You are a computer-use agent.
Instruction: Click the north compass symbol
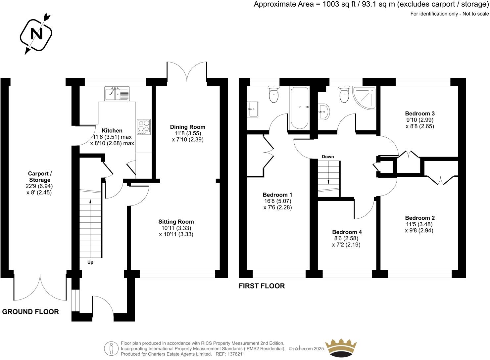[36, 34]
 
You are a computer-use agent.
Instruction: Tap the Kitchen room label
[112, 131]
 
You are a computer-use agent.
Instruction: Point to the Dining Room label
[187, 127]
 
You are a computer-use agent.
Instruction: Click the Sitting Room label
[176, 222]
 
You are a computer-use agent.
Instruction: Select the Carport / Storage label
[39, 177]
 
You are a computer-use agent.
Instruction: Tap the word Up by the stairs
[90, 262]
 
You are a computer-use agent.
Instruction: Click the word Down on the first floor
[328, 157]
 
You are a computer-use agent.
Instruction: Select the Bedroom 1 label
[277, 195]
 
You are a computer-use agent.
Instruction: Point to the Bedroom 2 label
[419, 218]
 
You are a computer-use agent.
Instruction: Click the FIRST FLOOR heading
[262, 286]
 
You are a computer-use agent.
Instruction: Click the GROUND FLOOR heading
[30, 312]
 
